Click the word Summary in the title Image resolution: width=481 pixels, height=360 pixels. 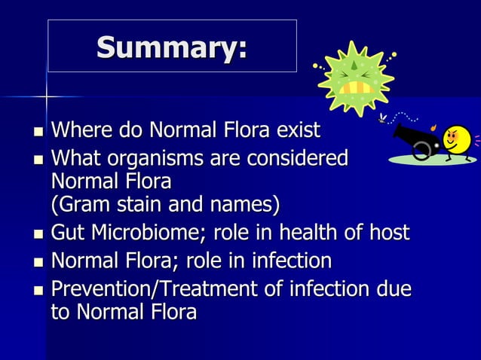(170, 48)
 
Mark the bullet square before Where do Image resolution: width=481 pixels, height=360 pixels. (38, 133)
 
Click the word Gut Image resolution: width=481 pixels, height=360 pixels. (66, 233)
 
